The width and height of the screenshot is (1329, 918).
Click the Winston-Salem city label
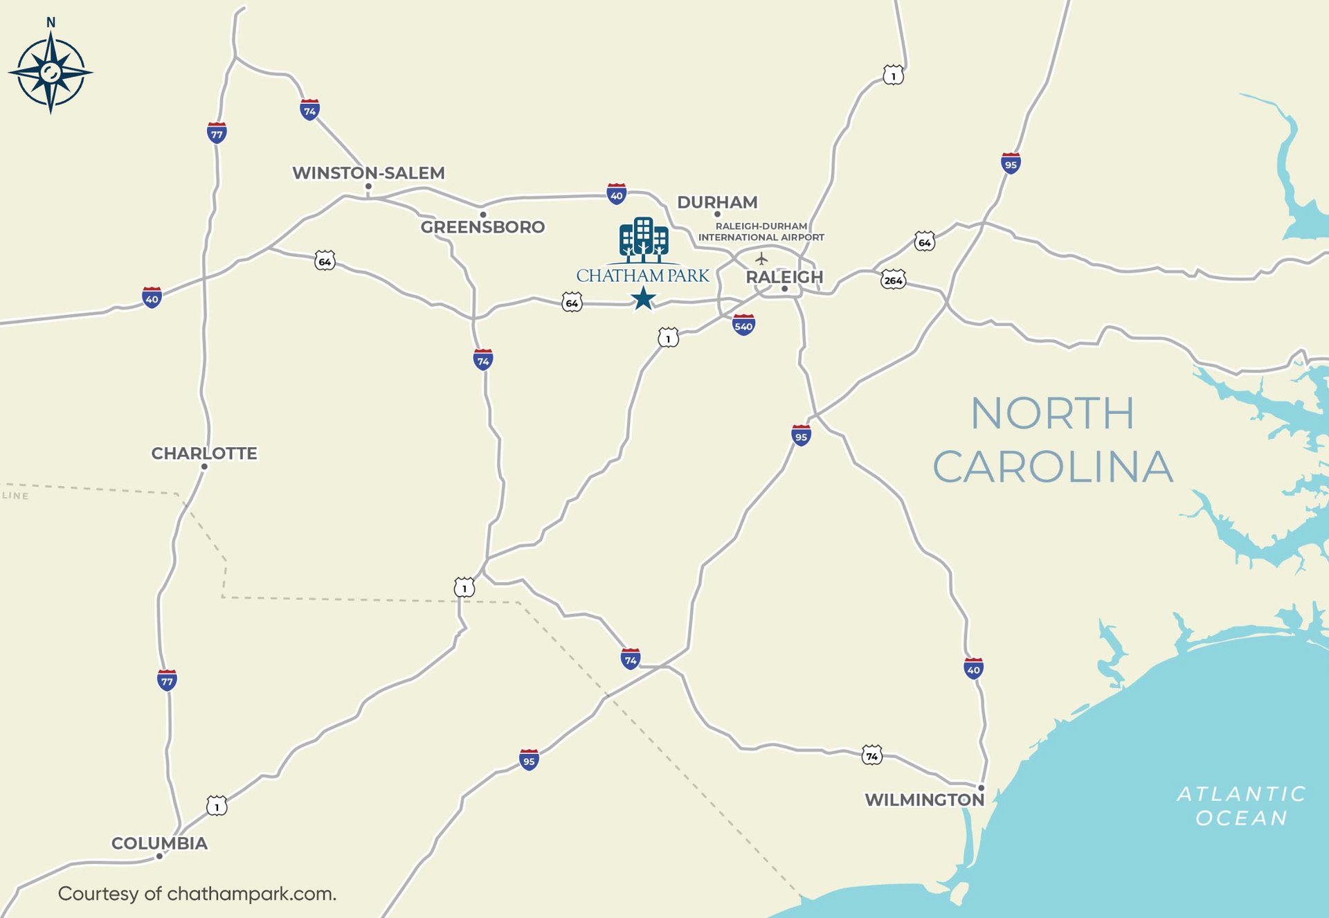368,172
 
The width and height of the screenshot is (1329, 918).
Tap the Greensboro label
482,227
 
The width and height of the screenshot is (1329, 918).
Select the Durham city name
717,202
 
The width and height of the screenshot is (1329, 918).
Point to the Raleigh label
784,277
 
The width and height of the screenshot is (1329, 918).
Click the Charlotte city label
204,453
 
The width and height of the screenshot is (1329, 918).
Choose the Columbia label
159,843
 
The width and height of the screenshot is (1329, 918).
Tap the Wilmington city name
924,800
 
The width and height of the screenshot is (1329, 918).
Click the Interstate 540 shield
743,325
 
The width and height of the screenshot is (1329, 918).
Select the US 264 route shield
893,280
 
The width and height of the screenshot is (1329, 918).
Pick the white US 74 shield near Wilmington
871,755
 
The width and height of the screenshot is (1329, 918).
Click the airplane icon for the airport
761,259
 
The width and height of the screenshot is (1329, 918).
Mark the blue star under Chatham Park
643,298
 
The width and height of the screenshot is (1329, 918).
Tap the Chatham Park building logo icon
643,240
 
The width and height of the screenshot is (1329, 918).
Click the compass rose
51,72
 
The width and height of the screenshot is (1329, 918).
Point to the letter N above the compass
51,22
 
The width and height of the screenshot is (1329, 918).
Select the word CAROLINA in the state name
1052,467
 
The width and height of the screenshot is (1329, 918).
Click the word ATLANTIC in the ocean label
1241,793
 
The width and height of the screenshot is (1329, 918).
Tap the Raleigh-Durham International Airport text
761,232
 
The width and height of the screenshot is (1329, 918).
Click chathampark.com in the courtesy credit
251,894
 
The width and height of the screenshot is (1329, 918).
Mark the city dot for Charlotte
204,467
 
